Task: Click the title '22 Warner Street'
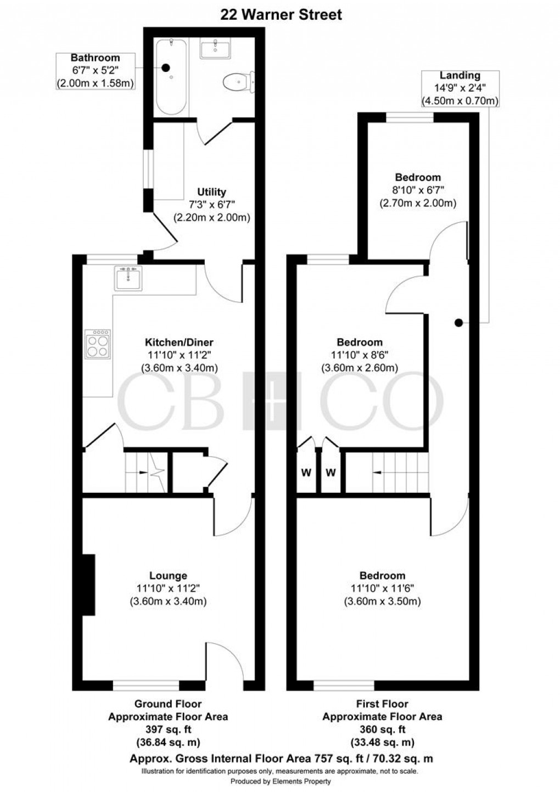pos(281,15)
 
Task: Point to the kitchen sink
pos(128,278)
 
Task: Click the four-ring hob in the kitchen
pos(98,344)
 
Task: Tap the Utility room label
pos(212,192)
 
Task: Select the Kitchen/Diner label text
pos(168,343)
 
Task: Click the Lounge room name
pos(168,576)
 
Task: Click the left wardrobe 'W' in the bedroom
pos(306,472)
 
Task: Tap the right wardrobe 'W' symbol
pos(331,472)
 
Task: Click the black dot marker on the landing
pos(458,323)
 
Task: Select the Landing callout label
pos(460,76)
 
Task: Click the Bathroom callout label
pos(95,58)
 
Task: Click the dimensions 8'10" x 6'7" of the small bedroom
pos(418,190)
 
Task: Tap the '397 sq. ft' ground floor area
pos(168,729)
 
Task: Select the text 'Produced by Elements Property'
pos(281,782)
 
